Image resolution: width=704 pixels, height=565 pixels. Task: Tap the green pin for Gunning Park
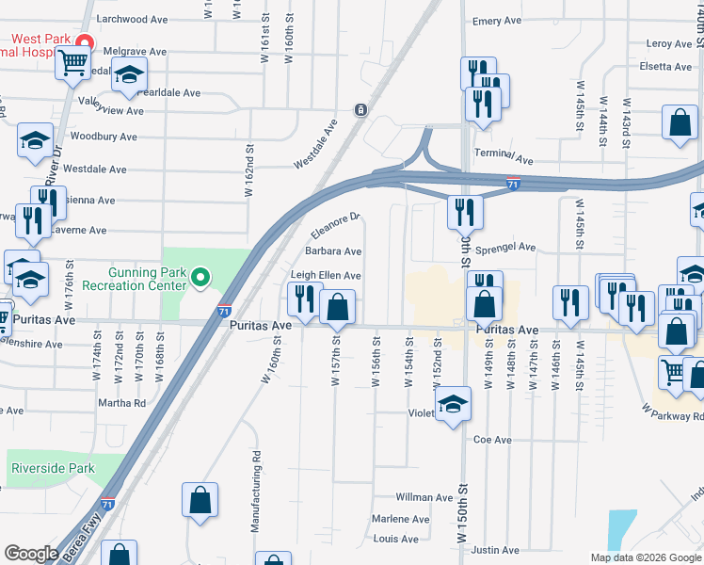(200, 277)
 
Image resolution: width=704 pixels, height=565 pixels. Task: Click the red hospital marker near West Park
(84, 43)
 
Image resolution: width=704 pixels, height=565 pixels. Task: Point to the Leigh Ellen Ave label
(326, 275)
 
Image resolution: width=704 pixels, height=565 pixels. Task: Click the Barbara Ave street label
(333, 251)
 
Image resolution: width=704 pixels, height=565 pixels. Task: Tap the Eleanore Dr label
(336, 226)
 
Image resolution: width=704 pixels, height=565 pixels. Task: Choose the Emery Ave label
(497, 21)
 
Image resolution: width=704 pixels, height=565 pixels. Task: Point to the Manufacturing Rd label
(255, 492)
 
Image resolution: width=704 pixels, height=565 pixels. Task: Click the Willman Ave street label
(424, 497)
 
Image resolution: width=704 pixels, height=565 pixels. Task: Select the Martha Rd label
(126, 402)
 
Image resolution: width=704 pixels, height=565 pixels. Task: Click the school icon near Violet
(453, 405)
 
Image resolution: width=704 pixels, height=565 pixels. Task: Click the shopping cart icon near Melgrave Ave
(72, 64)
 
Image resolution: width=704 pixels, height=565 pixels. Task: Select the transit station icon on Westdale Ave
(360, 110)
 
